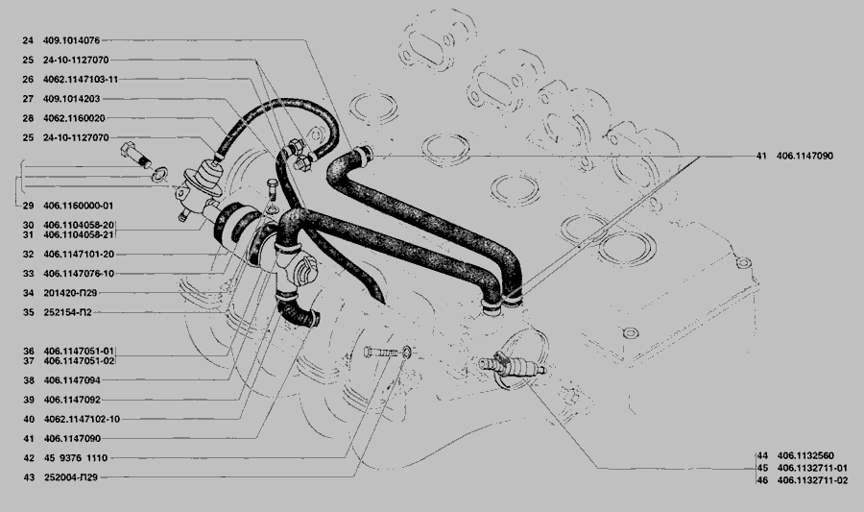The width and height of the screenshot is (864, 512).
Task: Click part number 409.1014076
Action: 72,40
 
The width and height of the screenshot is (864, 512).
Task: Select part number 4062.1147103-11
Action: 81,80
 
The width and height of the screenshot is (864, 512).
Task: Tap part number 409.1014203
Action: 72,99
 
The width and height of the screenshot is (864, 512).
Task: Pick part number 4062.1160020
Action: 74,118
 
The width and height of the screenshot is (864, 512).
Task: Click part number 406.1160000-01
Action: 79,206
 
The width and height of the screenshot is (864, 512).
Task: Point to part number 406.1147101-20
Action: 79,254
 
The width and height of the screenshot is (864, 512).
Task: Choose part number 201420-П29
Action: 70,293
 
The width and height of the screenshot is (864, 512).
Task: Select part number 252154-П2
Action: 68,312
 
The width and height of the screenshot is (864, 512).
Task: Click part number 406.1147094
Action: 72,379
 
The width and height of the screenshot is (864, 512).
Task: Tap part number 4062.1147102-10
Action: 82,419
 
